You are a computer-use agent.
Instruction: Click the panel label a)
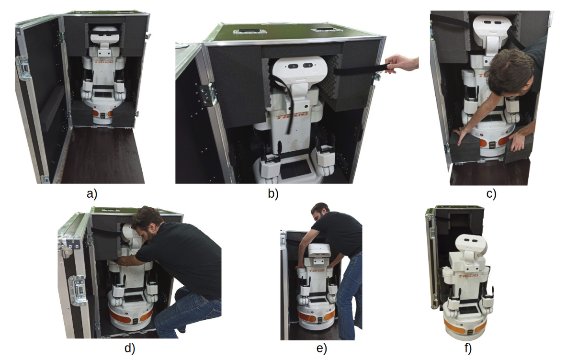click(x=92, y=194)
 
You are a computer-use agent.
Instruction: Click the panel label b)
click(x=273, y=194)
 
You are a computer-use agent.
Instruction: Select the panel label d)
click(x=130, y=348)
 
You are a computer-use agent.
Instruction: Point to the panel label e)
click(x=321, y=348)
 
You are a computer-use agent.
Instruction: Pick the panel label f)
click(x=468, y=348)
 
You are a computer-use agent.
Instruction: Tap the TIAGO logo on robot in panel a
click(x=104, y=61)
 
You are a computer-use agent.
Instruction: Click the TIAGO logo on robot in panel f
click(x=468, y=276)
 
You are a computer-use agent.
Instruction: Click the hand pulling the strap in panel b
click(x=401, y=64)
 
